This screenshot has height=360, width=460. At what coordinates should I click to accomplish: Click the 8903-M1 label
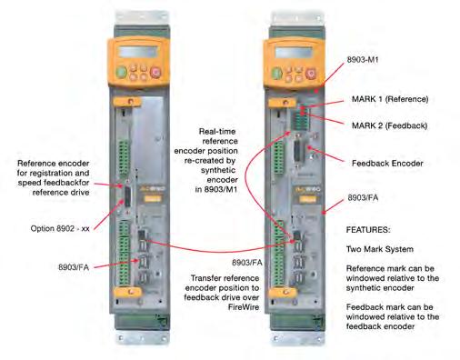(363, 60)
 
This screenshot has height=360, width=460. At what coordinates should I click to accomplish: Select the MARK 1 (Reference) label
(390, 99)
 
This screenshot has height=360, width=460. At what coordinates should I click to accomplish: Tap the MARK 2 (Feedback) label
(389, 125)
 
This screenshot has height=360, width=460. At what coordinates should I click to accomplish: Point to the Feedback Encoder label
(387, 164)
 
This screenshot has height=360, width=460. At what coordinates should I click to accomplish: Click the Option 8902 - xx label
(60, 228)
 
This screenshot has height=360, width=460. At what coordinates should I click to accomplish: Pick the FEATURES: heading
(368, 230)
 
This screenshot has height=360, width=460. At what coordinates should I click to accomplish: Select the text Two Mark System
(380, 249)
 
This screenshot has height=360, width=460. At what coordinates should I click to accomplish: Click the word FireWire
(244, 307)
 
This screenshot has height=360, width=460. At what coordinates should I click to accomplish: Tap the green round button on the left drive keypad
(122, 73)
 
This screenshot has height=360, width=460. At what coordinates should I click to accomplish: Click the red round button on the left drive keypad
(156, 72)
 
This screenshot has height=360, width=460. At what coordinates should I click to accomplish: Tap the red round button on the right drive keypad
(311, 73)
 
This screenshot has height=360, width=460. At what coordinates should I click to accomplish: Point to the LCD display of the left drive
(138, 52)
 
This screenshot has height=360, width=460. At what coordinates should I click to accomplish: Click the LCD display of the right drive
(294, 53)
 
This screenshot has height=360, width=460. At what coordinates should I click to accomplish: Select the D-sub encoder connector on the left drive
(127, 196)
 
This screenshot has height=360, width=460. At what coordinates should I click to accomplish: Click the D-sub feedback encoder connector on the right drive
(298, 155)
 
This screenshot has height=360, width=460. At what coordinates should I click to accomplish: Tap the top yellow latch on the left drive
(127, 102)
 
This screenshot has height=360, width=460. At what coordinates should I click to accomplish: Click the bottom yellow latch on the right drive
(283, 293)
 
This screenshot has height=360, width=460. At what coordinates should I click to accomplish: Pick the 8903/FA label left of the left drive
(74, 267)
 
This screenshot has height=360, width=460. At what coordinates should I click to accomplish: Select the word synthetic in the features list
(364, 288)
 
